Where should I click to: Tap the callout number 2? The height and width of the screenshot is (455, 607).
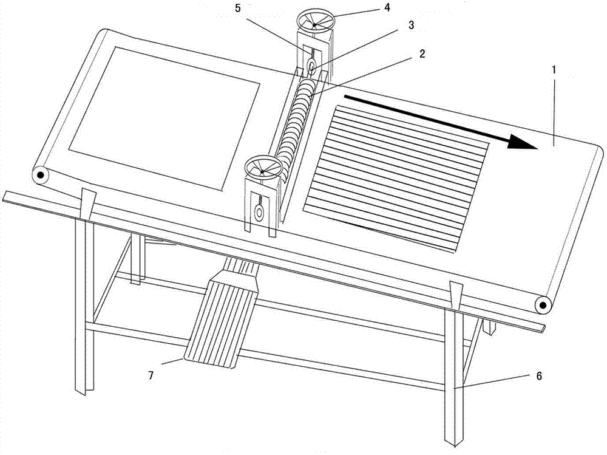click(x=421, y=54)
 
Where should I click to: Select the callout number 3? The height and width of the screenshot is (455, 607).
click(x=411, y=25)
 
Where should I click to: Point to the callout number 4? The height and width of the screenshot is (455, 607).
click(x=387, y=7)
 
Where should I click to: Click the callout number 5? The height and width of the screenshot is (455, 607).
click(x=238, y=8)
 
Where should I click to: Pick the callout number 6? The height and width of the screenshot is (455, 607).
click(x=539, y=375)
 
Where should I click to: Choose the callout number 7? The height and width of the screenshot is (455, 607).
click(x=151, y=375)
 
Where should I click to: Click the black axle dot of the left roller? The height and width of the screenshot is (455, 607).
click(x=40, y=175)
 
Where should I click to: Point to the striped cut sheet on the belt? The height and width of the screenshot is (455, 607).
click(x=396, y=179)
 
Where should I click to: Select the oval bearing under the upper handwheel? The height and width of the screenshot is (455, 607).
click(x=311, y=66)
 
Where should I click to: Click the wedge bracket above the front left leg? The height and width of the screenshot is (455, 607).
click(x=88, y=204)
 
